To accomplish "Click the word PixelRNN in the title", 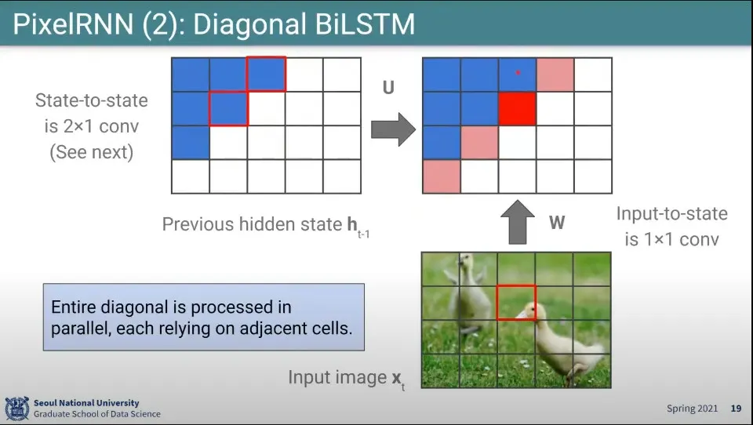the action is (73, 24).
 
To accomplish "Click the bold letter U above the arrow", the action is (388, 87).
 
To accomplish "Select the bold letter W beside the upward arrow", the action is (557, 223).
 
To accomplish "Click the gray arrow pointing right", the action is (393, 129).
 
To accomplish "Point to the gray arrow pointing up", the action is (517, 223).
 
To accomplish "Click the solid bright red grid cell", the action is (517, 108).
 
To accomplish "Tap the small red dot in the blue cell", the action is (518, 72).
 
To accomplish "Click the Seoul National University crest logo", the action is (16, 409).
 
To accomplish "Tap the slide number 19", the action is (736, 409).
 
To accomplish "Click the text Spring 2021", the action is (692, 409).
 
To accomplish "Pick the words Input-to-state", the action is (672, 214).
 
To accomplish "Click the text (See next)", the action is (91, 152).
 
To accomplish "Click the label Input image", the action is (337, 377).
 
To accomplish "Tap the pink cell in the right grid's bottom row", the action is (442, 176).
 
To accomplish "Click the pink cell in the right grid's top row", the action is (555, 74).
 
